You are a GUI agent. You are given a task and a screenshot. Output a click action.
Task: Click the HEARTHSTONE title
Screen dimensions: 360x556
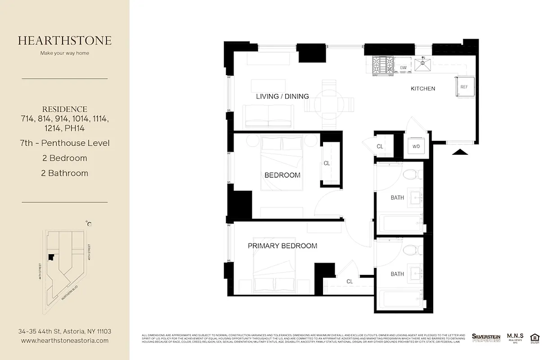65,40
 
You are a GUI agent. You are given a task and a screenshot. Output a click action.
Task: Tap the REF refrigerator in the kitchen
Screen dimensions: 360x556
464,87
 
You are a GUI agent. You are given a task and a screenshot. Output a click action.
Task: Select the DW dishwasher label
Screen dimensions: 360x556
404,68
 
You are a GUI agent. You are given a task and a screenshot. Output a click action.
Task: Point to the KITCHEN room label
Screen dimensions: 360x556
423,89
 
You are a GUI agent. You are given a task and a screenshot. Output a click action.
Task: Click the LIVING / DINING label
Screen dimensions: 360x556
282,96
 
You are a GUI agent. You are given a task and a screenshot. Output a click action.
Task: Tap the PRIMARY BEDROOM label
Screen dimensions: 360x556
282,246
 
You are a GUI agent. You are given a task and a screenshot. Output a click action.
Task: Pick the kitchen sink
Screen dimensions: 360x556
422,65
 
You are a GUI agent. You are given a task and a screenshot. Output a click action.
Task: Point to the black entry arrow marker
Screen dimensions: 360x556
460,152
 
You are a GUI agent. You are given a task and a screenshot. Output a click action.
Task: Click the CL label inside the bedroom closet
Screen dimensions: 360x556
327,163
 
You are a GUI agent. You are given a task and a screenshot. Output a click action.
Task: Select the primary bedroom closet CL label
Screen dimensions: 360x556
350,281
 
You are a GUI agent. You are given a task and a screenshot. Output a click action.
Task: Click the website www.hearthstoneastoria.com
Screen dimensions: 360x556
65,341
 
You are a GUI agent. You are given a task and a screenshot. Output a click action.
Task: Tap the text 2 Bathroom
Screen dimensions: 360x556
65,173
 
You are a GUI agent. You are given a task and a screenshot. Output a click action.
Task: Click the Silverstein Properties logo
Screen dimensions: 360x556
486,337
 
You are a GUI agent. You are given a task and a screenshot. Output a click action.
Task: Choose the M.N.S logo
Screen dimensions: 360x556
515,338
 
